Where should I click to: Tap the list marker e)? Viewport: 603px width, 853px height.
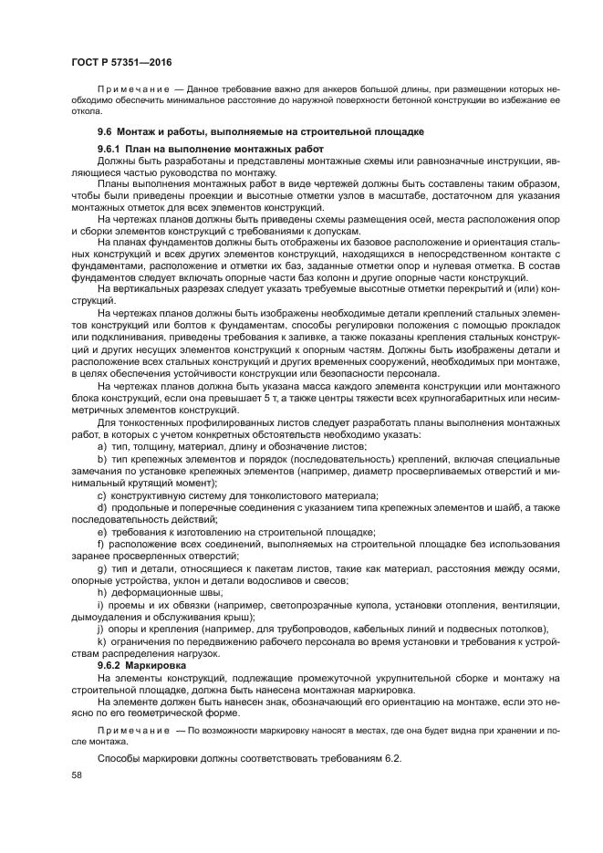(x=101, y=531)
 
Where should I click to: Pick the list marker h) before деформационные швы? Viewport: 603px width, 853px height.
(x=101, y=591)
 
